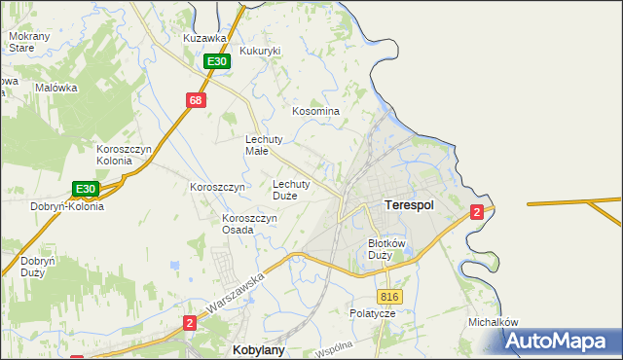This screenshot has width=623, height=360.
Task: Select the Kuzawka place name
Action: [x=204, y=38]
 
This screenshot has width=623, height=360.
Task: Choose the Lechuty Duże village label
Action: [x=291, y=189]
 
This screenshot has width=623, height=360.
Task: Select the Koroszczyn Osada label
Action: [x=250, y=225]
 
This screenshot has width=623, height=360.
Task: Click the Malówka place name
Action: [x=55, y=88]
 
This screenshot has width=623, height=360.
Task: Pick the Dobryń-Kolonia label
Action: [x=66, y=206]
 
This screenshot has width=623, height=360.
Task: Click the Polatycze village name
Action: [x=372, y=314]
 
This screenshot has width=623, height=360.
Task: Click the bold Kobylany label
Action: [x=258, y=348]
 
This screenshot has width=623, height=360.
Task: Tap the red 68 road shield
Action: [x=197, y=100]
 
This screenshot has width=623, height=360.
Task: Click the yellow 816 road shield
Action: [x=388, y=297]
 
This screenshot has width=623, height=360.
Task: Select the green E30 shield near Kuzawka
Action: [x=217, y=61]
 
